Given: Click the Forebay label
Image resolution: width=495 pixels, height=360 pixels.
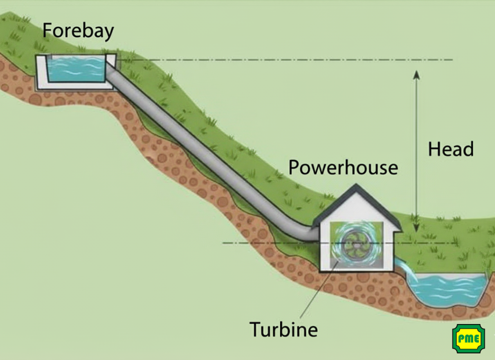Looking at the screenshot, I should point(78,30).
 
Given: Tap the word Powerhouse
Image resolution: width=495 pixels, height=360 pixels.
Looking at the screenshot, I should point(343,167).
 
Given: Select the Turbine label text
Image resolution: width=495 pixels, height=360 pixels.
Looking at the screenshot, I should point(283,329).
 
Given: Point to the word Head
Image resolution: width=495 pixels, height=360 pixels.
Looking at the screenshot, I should point(451,149).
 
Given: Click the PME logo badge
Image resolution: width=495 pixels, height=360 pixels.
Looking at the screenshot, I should point(468,339).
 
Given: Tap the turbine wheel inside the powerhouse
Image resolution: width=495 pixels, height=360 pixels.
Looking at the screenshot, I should point(353,243).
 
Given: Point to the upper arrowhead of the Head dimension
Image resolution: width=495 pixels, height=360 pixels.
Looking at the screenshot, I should point(416,74).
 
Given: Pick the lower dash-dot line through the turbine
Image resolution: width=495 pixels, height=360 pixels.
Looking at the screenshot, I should point(266,243).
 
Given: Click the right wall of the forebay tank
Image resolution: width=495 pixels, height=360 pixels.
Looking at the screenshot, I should point(112,71).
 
